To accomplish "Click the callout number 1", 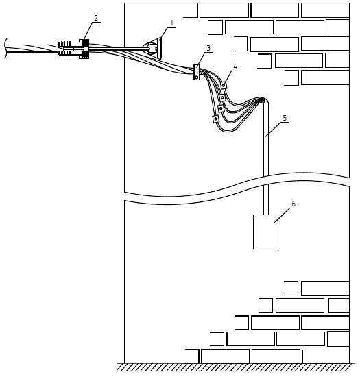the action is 172,23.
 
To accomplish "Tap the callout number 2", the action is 96,18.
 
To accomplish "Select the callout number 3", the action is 208,49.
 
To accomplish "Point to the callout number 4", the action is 235,66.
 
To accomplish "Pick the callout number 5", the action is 285,118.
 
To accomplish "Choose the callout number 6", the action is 293,204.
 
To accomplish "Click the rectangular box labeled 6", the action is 265,232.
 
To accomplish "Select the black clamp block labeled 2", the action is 84,49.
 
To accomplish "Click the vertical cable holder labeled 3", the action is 197,72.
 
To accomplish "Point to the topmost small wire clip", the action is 224,85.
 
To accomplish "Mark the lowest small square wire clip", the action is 215,119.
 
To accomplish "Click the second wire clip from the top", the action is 222,97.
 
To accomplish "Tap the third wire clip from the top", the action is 221,108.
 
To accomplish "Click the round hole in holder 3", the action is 197,77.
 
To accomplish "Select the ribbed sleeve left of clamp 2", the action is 65,49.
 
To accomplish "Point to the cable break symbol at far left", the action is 5,49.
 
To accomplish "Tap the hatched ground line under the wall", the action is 236,367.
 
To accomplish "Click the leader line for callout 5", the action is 277,130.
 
